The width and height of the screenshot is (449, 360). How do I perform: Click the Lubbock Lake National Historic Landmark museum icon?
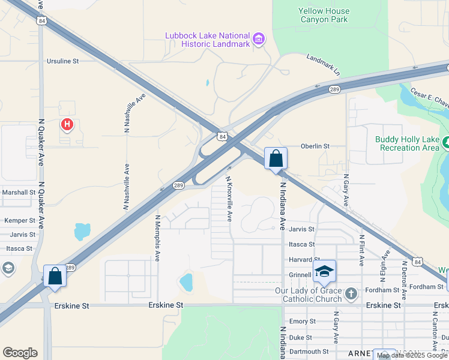pos(259,40)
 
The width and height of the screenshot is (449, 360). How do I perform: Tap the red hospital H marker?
pos(67,125)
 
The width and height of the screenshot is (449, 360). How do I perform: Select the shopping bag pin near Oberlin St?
pos(276,159)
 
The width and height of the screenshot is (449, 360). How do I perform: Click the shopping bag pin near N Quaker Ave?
pos(55,277)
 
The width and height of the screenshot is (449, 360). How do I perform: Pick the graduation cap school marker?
pos(324,271)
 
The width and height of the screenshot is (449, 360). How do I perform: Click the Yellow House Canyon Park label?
pos(324,15)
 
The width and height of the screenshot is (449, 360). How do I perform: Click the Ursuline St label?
pos(63,61)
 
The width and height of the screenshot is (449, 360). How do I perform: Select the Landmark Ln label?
pos(323,65)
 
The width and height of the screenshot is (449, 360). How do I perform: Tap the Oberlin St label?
pos(315,146)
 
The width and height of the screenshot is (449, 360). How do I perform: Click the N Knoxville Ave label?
pos(229,198)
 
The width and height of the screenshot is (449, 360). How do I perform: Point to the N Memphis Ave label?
pos(158,238)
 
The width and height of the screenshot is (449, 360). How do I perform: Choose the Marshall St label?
pos(19,192)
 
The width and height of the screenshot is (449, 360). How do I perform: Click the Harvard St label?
pos(301,260)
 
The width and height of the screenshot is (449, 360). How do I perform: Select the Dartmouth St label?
pos(309,352)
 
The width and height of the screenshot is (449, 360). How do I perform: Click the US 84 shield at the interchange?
pos(223,137)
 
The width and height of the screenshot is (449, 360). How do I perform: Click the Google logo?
pos(20,352)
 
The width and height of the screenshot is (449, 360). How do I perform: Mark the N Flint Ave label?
pos(362,250)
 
